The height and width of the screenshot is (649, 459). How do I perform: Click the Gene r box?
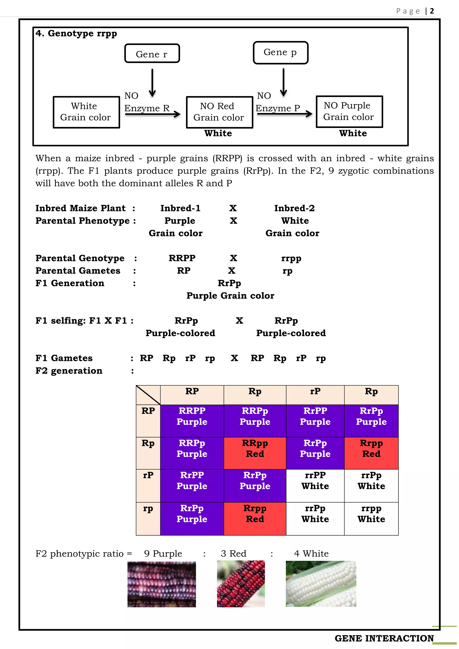click(x=152, y=53)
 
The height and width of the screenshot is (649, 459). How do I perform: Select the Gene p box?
click(x=280, y=53)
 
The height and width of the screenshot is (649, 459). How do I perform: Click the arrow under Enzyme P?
click(x=284, y=114)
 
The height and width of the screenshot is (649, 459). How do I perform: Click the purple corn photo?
click(x=161, y=584)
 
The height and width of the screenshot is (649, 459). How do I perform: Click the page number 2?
click(x=432, y=11)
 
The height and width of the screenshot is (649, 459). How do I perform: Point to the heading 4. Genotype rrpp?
click(x=76, y=33)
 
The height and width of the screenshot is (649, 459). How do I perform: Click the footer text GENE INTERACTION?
click(x=384, y=638)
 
